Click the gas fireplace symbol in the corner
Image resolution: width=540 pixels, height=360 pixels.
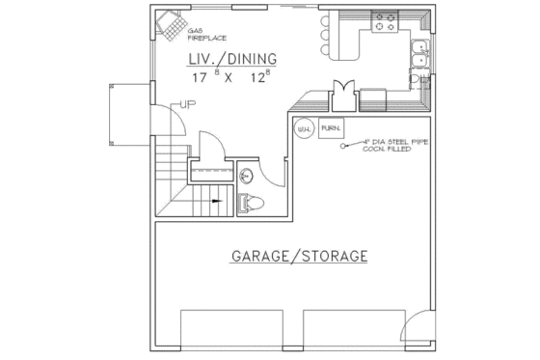[x=170, y=26]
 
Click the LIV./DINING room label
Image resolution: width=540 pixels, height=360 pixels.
[x=233, y=60]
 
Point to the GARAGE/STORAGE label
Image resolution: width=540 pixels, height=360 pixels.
[x=299, y=257]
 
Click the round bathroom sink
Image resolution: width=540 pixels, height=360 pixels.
[x=247, y=175]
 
